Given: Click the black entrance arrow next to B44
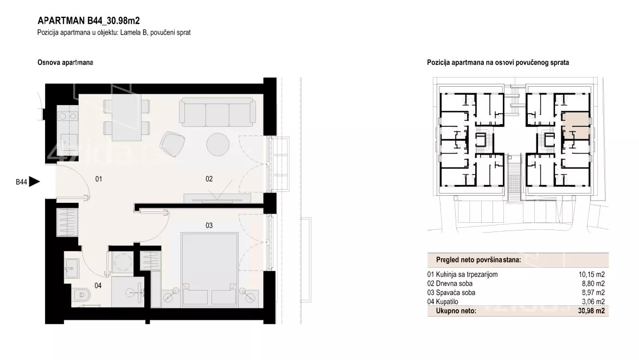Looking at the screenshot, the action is coord(34,182).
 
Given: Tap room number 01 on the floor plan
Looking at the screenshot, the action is coord(99,179).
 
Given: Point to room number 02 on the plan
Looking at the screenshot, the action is coord(209,179).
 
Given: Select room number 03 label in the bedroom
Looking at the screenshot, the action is coord(209,225).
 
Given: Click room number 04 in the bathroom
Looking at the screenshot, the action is coord(98,286).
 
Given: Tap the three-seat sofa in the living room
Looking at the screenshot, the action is coord(218,112).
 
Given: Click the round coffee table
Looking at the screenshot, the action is coord(218,145).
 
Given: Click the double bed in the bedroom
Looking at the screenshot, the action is coord(209,269).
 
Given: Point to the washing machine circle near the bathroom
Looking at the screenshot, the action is coord(120,262).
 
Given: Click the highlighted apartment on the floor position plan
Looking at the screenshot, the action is coord(576,124).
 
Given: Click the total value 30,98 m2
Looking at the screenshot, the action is coord(591,311).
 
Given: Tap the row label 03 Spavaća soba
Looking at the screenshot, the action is coord(451,292).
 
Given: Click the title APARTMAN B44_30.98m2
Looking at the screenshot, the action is coord(89,21).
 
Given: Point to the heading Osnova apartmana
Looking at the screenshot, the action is coord(65,62).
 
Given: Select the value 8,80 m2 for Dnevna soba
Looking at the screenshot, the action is coord(593,284).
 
